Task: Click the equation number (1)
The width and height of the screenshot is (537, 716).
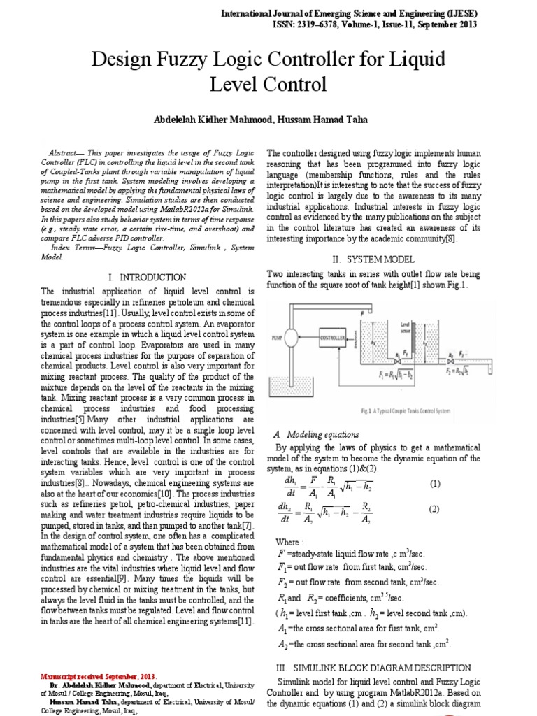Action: click(x=435, y=484)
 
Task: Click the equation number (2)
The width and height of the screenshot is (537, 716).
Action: click(x=435, y=509)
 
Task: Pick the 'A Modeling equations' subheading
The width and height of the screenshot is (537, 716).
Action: click(x=315, y=434)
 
